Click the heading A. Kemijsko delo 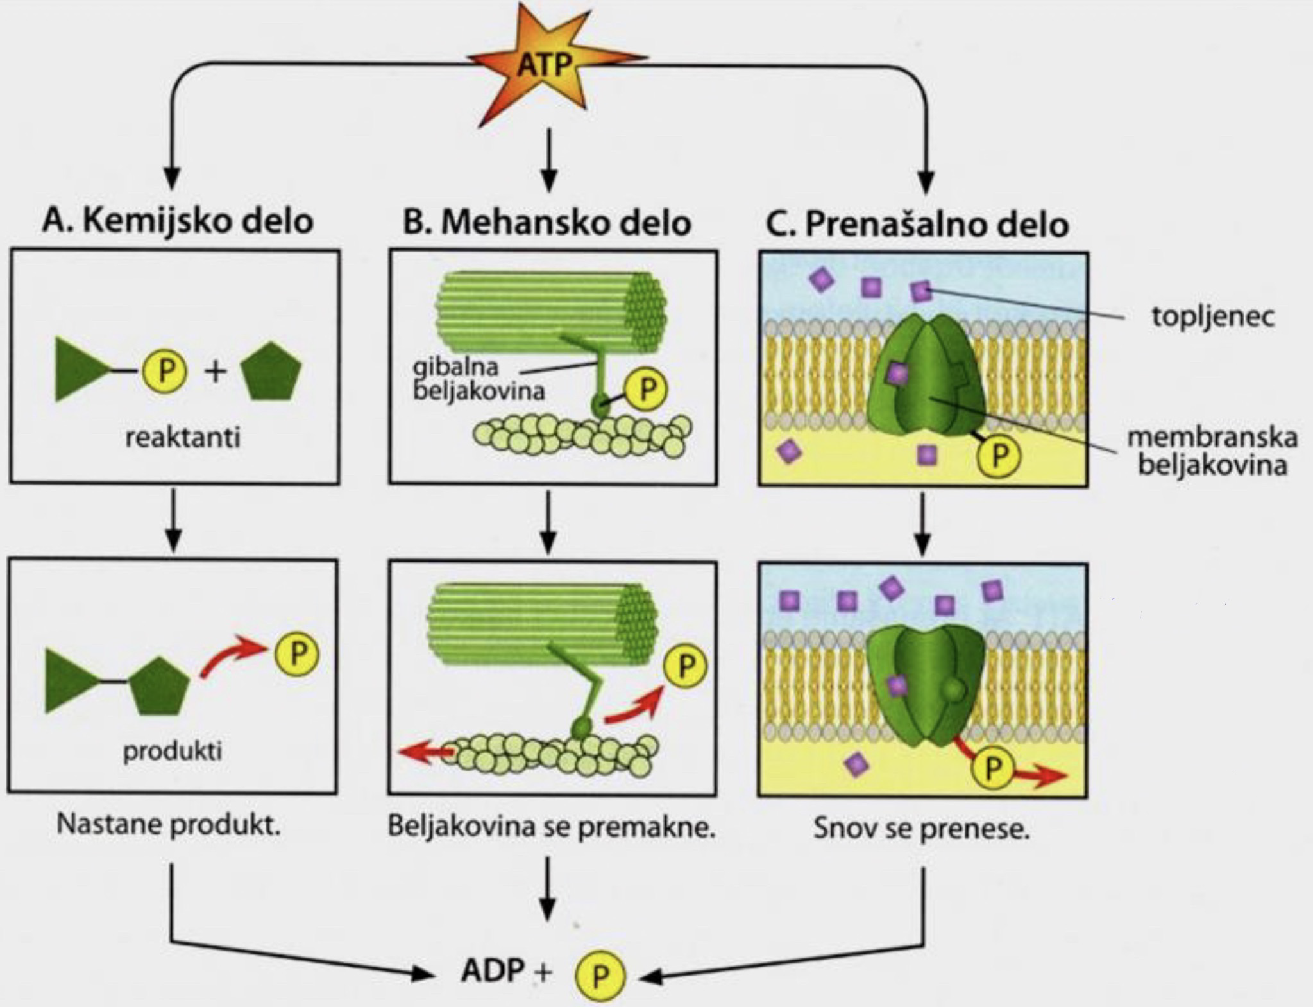[x=177, y=221]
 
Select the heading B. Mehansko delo [x=546, y=223]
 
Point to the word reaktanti [x=183, y=438]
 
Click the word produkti [x=173, y=750]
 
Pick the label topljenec [x=1213, y=316]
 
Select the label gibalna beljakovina [x=479, y=378]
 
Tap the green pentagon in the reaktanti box [x=271, y=372]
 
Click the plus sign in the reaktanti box [x=216, y=371]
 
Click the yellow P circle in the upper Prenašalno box [x=998, y=455]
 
